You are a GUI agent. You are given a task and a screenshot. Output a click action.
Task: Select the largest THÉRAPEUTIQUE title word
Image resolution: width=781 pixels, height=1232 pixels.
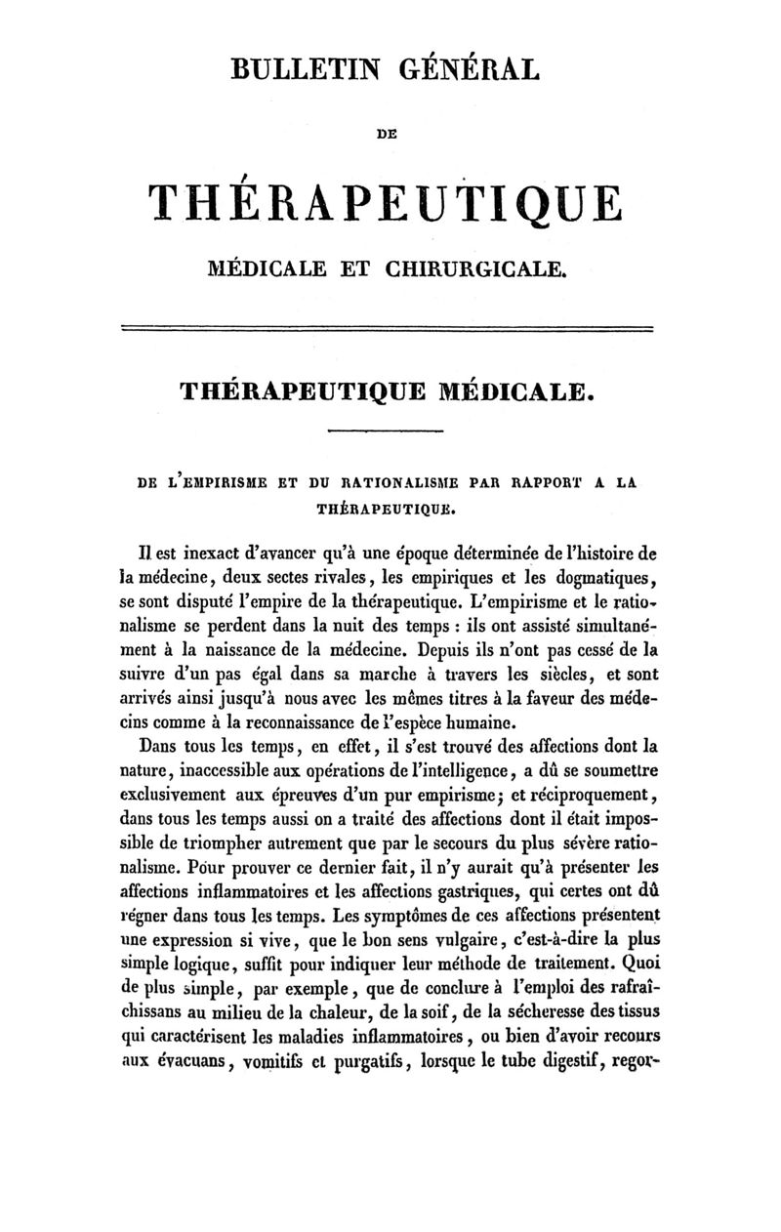click(384, 203)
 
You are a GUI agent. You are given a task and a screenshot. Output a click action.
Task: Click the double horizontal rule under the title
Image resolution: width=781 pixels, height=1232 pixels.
click(385, 328)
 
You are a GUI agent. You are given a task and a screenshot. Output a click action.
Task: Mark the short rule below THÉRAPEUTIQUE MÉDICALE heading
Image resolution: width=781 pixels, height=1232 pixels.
click(384, 431)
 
